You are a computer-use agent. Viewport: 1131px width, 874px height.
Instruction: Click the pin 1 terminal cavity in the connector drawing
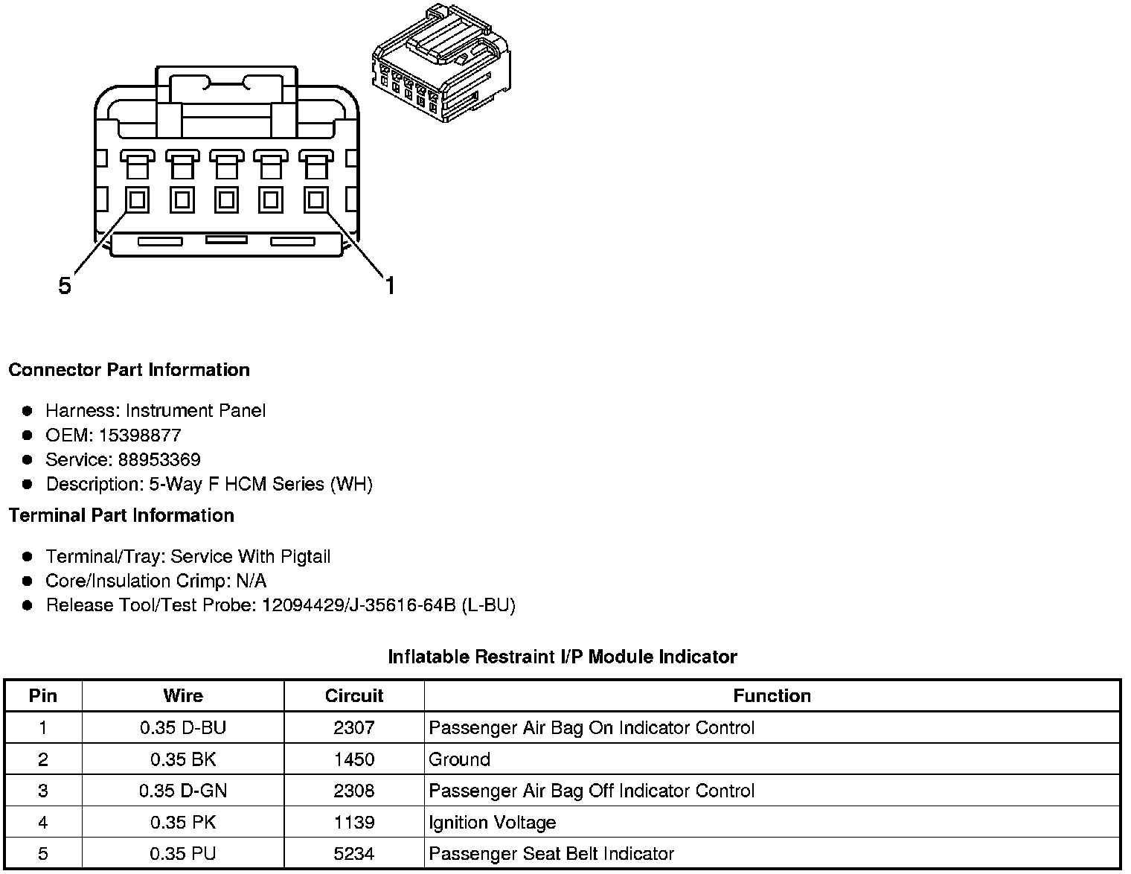click(x=316, y=200)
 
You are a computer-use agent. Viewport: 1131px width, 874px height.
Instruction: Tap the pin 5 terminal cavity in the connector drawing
click(x=137, y=200)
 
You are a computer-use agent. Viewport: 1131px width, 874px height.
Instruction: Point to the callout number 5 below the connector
click(x=65, y=285)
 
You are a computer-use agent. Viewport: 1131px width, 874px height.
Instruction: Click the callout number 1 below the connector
click(x=389, y=285)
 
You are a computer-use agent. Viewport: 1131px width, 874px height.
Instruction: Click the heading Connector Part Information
click(x=129, y=370)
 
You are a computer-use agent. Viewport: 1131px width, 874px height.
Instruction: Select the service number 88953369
click(x=159, y=460)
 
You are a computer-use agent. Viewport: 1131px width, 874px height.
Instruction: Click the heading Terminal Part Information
click(x=121, y=515)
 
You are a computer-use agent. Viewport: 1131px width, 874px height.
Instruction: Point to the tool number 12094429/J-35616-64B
click(x=358, y=605)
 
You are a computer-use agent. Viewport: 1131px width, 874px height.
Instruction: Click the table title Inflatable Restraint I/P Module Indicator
click(x=563, y=657)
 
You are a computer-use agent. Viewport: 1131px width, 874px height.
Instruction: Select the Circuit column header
click(x=354, y=696)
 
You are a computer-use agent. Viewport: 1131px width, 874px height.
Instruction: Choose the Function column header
click(x=772, y=696)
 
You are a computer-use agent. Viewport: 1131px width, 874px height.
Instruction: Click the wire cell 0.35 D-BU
click(x=183, y=728)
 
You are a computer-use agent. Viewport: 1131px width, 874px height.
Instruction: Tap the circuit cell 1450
click(x=354, y=759)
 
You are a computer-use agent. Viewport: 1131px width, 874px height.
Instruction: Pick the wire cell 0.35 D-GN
click(x=183, y=791)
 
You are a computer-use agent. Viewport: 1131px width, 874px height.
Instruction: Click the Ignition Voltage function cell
click(x=493, y=823)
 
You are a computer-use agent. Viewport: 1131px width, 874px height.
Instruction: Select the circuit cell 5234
click(x=354, y=854)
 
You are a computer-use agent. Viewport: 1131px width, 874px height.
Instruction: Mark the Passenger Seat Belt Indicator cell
click(x=551, y=854)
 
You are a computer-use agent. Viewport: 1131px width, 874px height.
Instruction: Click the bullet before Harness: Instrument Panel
click(x=28, y=411)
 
